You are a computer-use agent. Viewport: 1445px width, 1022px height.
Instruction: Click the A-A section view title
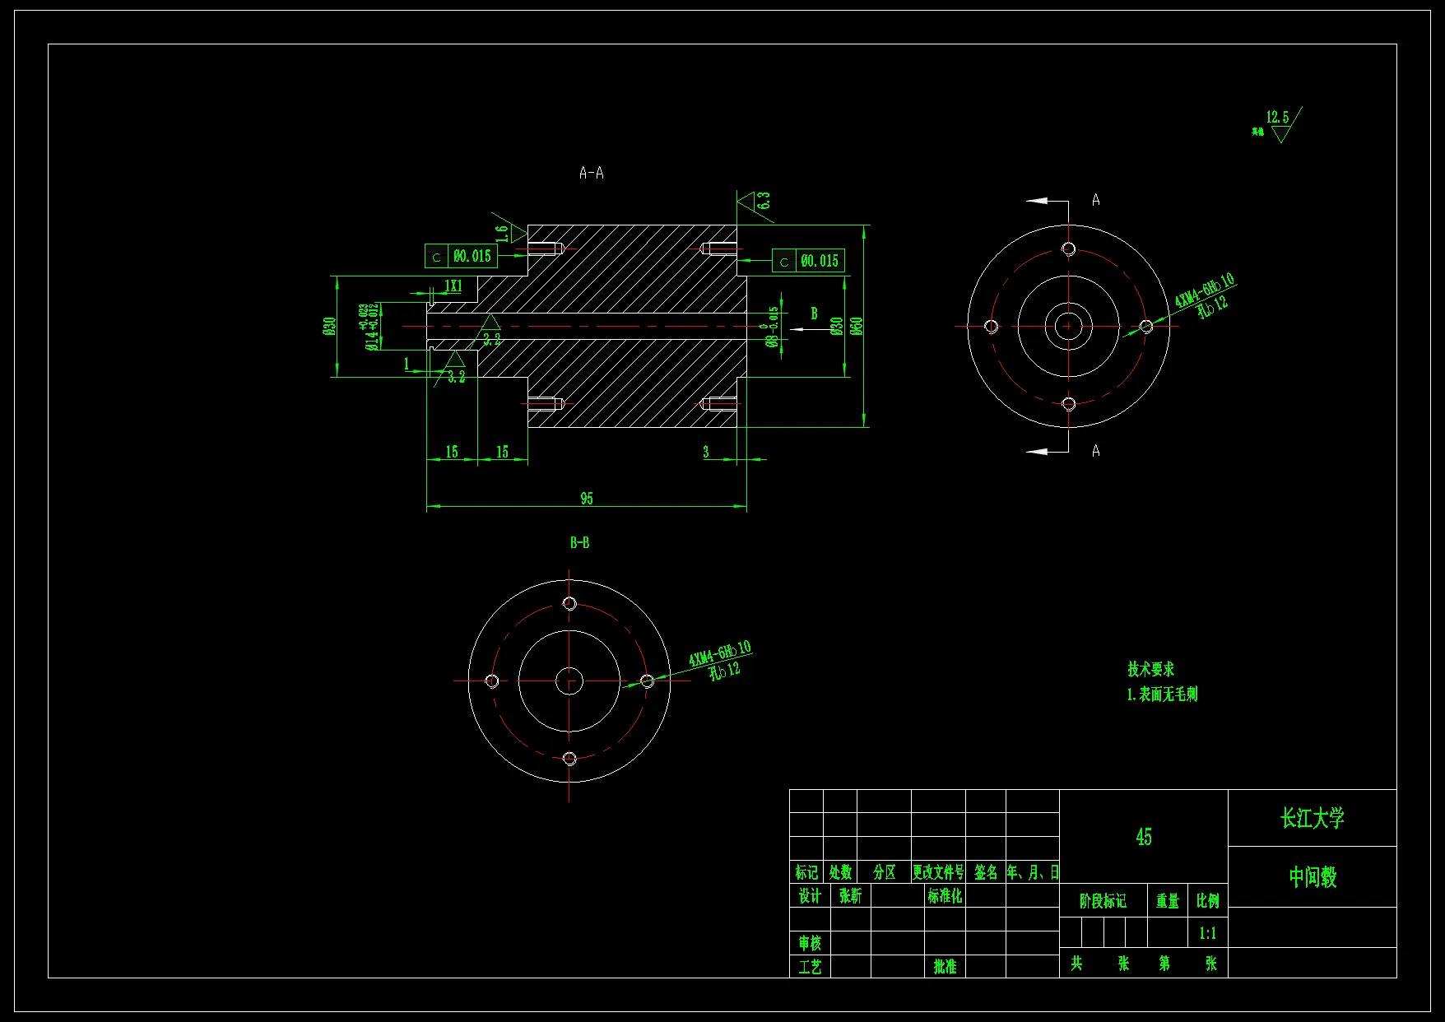click(x=591, y=173)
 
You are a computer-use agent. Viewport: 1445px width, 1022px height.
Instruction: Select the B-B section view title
click(x=579, y=542)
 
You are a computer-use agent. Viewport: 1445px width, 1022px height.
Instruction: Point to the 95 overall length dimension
click(x=586, y=498)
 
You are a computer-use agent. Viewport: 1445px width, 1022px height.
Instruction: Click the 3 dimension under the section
click(x=705, y=451)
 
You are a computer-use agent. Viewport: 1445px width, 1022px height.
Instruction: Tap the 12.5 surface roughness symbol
click(x=1277, y=118)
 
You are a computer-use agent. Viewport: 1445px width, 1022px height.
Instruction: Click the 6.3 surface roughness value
click(x=764, y=200)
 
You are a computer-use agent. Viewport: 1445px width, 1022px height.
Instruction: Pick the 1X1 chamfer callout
click(x=453, y=286)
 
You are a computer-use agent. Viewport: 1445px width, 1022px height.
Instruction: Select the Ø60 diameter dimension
click(x=857, y=326)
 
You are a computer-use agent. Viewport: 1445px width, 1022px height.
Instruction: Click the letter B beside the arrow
click(x=814, y=314)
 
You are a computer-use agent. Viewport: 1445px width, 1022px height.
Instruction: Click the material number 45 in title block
click(x=1143, y=837)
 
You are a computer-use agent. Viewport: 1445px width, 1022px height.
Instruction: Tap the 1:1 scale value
click(x=1207, y=933)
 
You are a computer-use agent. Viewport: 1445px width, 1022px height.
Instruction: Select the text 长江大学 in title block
click(x=1312, y=818)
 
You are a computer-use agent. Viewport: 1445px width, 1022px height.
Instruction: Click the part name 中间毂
click(x=1312, y=877)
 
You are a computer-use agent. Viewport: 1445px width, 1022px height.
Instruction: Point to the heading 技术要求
click(x=1150, y=669)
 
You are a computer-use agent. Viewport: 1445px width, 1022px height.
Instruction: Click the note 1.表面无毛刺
click(x=1162, y=694)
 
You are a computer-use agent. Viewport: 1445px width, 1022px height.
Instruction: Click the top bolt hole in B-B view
click(x=569, y=603)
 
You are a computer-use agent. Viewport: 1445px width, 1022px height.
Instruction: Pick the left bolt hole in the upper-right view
click(x=992, y=327)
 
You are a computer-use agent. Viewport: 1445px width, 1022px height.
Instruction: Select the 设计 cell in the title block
click(x=810, y=895)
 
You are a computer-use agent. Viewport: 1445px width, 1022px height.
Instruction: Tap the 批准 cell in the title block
click(x=945, y=966)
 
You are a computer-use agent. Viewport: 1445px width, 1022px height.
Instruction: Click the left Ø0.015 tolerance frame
click(x=462, y=256)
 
